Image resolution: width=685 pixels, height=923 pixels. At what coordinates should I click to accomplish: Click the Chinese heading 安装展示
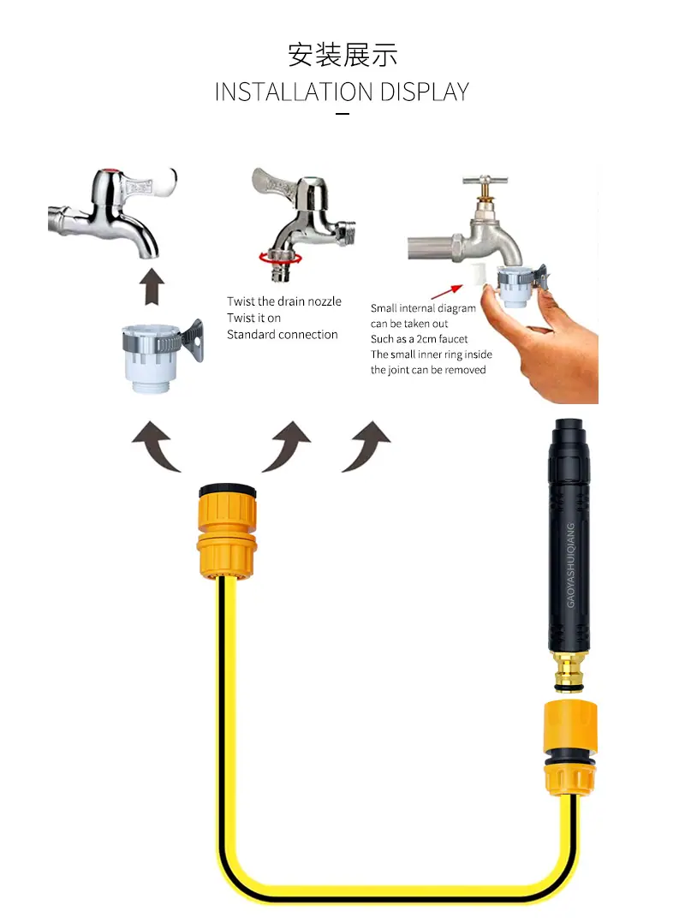click(x=342, y=56)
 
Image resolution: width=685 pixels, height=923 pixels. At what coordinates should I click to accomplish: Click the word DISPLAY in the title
click(x=425, y=92)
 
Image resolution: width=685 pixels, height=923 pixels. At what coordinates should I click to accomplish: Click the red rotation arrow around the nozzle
click(x=280, y=257)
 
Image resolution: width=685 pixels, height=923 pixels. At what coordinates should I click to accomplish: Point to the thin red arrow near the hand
click(x=447, y=291)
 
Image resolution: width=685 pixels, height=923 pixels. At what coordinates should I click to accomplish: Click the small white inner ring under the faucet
click(x=477, y=274)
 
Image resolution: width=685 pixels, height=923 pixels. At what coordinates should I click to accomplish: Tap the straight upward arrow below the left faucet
click(x=152, y=286)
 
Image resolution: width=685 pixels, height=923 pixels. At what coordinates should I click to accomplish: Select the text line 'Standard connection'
click(x=283, y=334)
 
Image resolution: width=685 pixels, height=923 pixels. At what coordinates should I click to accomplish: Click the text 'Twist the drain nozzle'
click(x=284, y=301)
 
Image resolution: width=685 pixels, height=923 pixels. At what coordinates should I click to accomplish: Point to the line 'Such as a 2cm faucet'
click(x=419, y=339)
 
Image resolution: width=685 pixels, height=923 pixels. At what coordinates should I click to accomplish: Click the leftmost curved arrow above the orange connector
click(x=154, y=445)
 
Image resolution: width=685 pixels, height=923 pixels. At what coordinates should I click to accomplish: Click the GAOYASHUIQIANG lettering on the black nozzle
click(x=570, y=565)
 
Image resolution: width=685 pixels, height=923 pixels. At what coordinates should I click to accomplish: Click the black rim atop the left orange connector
click(x=227, y=490)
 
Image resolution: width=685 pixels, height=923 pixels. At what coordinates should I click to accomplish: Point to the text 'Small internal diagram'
click(x=423, y=308)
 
